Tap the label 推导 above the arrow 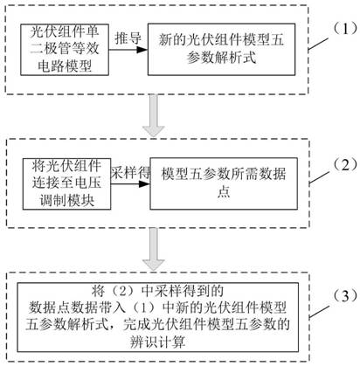pyautogui.click(x=128, y=38)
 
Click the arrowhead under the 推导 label pyautogui.click(x=142, y=50)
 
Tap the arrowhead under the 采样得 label pyautogui.click(x=144, y=184)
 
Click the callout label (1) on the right pyautogui.click(x=345, y=29)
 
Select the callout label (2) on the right pyautogui.click(x=345, y=165)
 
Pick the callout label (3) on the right pyautogui.click(x=345, y=296)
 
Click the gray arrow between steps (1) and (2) pyautogui.click(x=154, y=115)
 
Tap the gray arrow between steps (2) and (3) pyautogui.click(x=154, y=249)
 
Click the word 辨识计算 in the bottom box pyautogui.click(x=158, y=342)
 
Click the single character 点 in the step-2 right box pyautogui.click(x=224, y=192)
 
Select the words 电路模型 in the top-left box pyautogui.click(x=65, y=66)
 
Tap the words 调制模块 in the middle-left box pyautogui.click(x=67, y=200)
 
